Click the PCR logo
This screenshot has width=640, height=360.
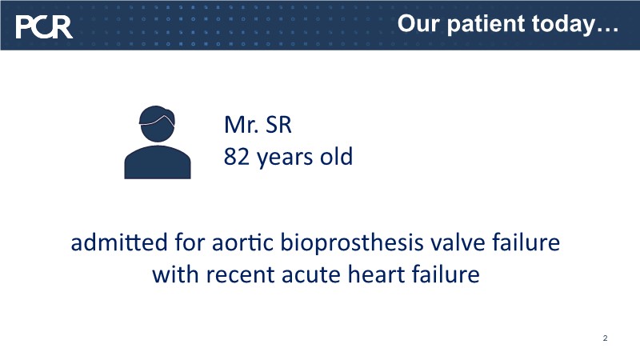44,27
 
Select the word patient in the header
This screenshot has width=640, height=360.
486,24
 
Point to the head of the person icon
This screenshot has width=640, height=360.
157,124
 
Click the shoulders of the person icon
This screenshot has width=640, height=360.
158,162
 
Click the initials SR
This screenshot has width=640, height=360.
278,125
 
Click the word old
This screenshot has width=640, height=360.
336,156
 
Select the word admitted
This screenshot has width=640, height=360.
119,242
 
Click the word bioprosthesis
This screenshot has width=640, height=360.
352,243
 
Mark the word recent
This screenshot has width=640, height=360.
241,274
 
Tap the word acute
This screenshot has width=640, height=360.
311,274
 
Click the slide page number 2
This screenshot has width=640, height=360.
605,338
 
